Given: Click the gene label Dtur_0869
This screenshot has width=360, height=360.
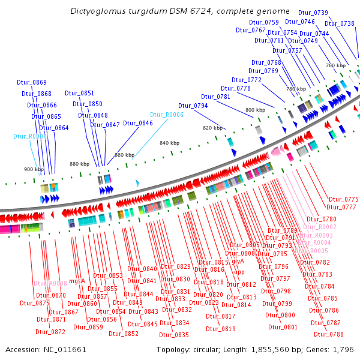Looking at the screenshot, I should (34, 82).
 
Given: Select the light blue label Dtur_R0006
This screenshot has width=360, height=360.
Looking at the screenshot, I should (166, 115).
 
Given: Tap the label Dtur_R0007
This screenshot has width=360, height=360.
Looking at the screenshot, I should (29, 137).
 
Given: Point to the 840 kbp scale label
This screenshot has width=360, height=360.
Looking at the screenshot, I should (169, 143).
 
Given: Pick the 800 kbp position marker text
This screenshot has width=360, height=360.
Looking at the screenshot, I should (254, 110).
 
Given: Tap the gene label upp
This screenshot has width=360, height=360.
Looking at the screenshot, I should (239, 272).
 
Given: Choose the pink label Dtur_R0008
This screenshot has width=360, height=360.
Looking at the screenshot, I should (50, 283).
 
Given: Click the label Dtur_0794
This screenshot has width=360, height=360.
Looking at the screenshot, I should (193, 106).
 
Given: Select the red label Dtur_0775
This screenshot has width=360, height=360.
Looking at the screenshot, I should (343, 199).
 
